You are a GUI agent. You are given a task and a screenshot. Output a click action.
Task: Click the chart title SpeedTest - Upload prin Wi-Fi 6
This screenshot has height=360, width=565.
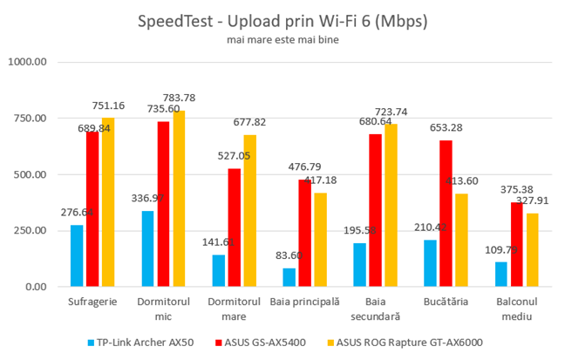pyautogui.click(x=282, y=20)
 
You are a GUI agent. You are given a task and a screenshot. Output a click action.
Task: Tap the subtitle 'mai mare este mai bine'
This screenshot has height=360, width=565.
pyautogui.click(x=282, y=39)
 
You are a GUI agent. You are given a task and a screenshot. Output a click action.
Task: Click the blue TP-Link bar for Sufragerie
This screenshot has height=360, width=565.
pyautogui.click(x=77, y=256)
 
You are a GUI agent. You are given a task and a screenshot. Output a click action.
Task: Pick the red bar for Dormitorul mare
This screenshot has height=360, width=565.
pyautogui.click(x=235, y=228)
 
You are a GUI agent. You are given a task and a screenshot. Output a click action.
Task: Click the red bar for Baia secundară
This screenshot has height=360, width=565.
pyautogui.click(x=377, y=210)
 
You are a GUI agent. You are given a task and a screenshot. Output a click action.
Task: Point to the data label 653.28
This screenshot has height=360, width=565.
pyautogui.click(x=446, y=128)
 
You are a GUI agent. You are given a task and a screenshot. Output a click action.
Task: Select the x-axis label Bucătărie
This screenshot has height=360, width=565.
pyautogui.click(x=448, y=301)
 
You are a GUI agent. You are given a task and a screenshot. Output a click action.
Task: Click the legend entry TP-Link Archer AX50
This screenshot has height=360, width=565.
pyautogui.click(x=139, y=342)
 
